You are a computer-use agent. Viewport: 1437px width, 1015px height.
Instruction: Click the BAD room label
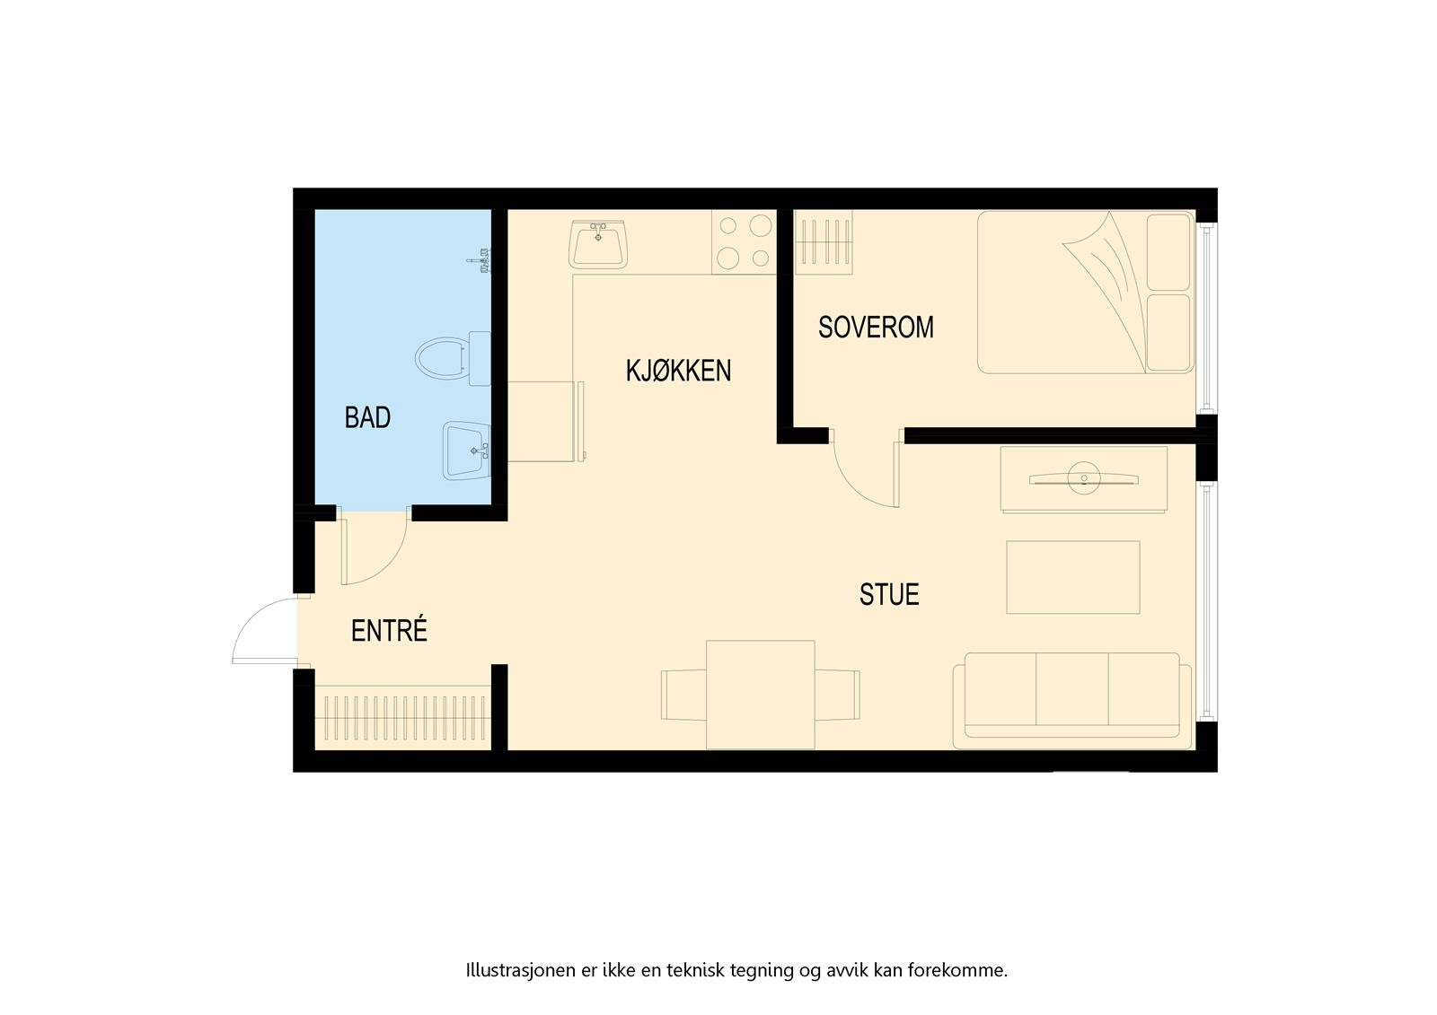pos(367,417)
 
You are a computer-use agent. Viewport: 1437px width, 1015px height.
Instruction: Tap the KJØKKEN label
pos(678,370)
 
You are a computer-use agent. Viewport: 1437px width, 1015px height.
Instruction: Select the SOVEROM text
pos(876,327)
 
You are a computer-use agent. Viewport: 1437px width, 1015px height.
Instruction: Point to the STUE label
pos(889,594)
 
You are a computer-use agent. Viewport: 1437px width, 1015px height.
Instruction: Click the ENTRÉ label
pos(389,631)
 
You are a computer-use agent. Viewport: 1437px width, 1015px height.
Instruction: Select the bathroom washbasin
pos(465,451)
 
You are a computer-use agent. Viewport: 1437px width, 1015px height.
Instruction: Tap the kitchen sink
pos(599,244)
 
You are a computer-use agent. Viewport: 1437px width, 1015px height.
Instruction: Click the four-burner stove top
pos(745,241)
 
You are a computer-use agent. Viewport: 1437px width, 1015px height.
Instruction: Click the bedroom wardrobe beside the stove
pos(824,241)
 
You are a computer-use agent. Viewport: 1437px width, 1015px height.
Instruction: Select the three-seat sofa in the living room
pos(1071,700)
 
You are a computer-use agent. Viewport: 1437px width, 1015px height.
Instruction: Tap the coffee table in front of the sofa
pos(1072,577)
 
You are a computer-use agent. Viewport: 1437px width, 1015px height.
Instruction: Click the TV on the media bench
pos(1084,478)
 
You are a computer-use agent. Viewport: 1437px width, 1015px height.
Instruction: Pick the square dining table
pos(760,694)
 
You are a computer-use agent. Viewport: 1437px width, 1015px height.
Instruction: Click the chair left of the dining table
pos(683,695)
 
